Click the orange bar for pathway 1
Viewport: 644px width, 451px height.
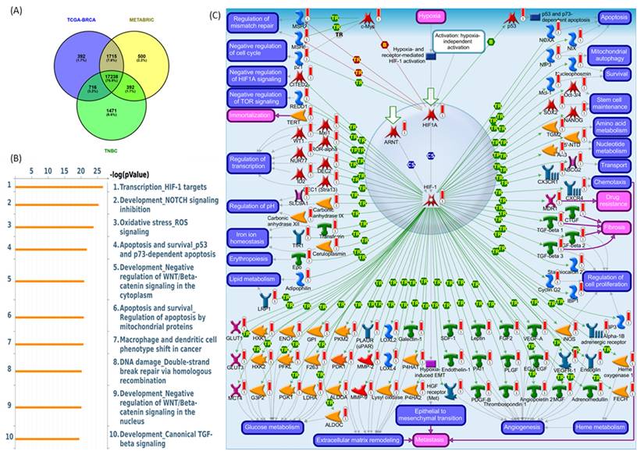click(59, 187)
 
